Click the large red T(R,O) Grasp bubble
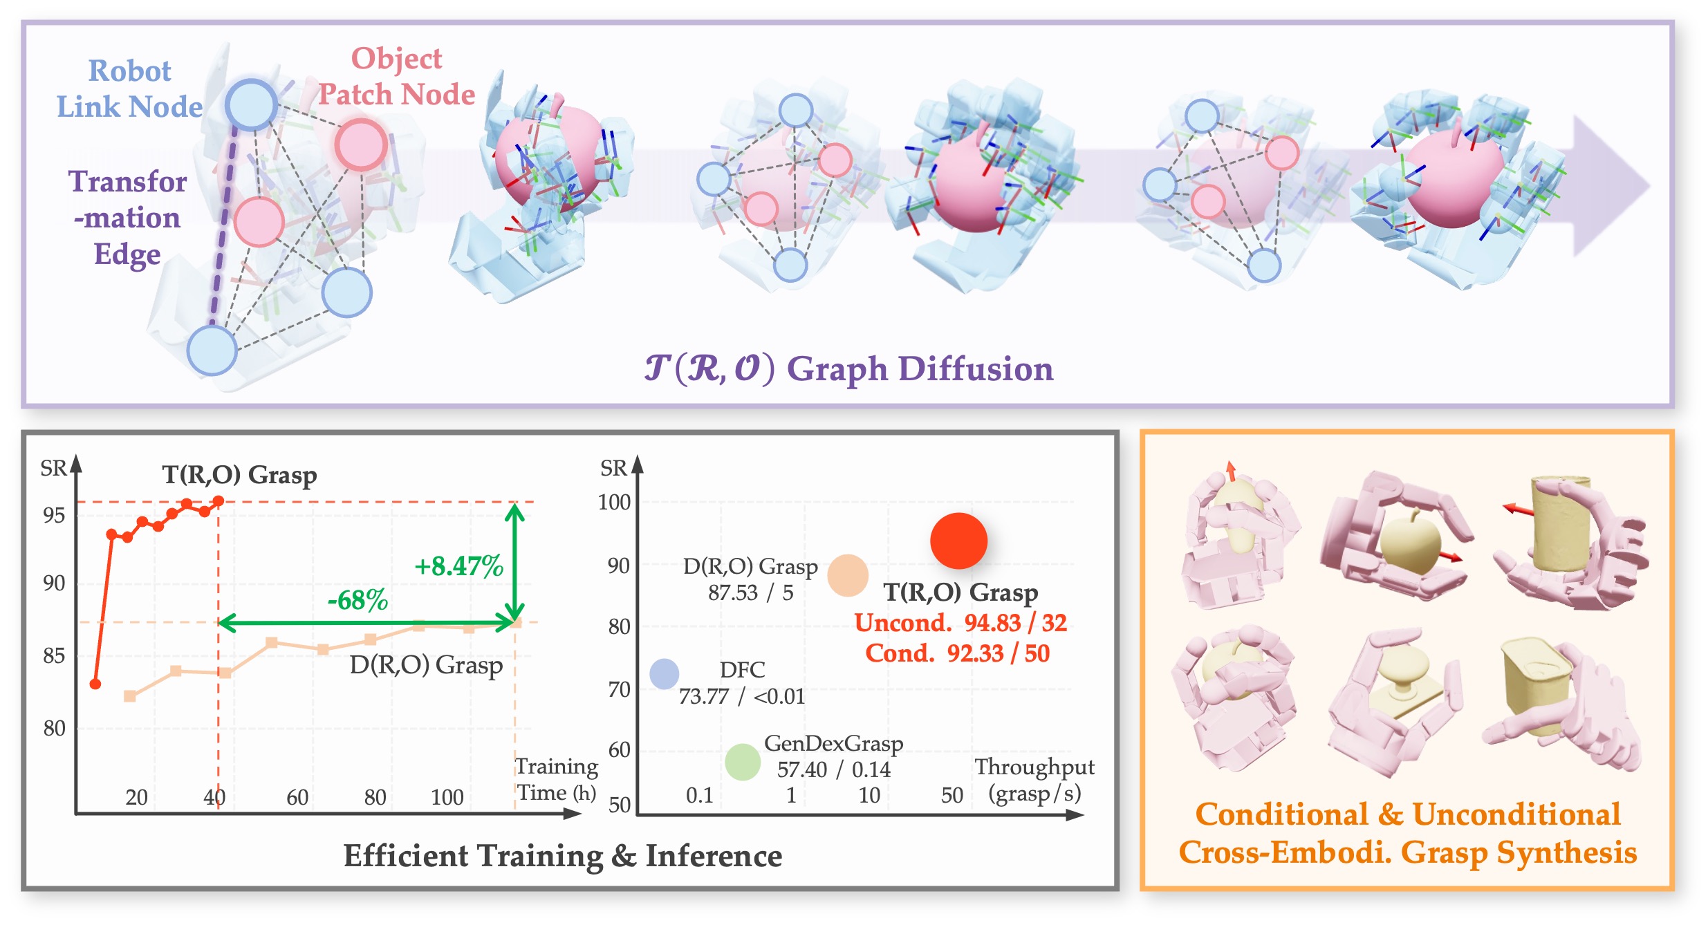tap(958, 541)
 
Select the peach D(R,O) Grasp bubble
tap(848, 575)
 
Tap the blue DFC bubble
tap(664, 673)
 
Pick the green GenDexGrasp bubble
tap(743, 762)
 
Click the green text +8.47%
tap(458, 566)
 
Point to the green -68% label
tap(358, 599)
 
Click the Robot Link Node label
tap(129, 88)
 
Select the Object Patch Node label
tap(396, 76)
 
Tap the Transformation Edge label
tap(127, 217)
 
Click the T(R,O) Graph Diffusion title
tap(849, 368)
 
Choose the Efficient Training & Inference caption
tap(563, 856)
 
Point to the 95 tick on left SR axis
tap(54, 515)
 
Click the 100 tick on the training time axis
tap(447, 797)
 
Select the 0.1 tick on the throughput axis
tap(699, 795)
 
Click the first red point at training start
tap(95, 684)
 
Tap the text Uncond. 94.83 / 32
tap(960, 623)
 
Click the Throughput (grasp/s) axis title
tap(1034, 780)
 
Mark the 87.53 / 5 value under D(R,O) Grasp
tap(750, 592)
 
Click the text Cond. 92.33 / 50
tap(957, 653)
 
